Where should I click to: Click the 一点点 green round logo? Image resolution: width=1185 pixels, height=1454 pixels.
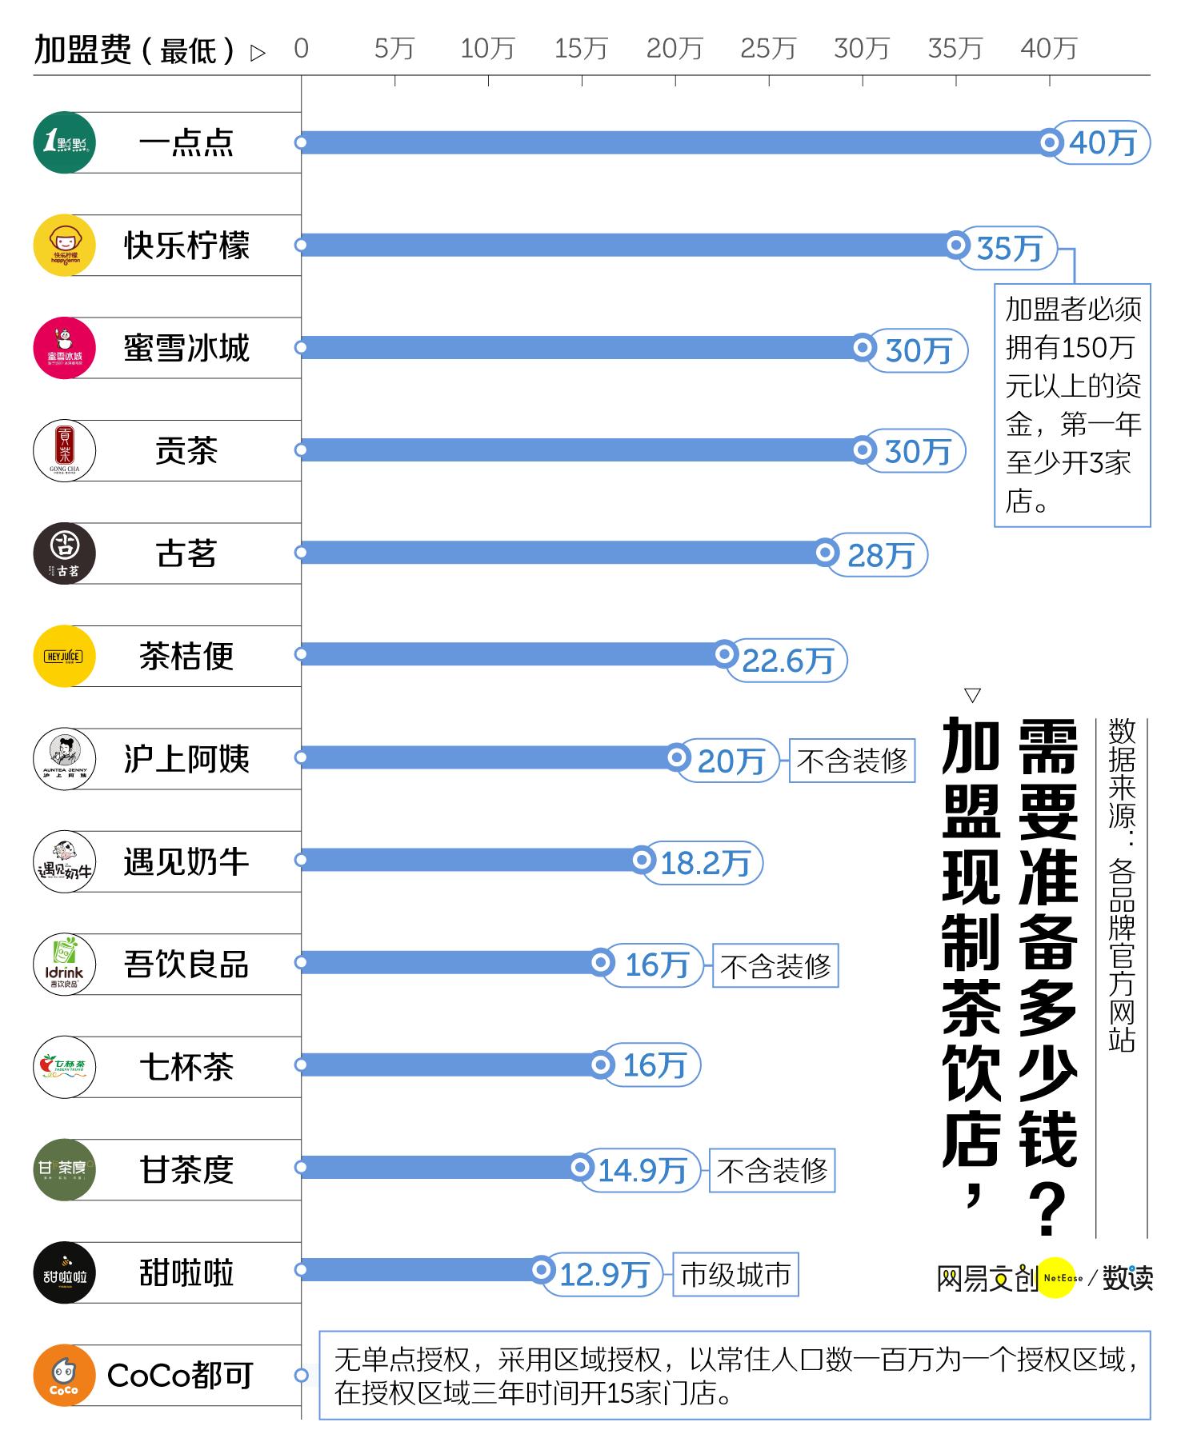pyautogui.click(x=65, y=143)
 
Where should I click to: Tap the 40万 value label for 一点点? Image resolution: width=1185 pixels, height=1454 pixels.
pyautogui.click(x=1103, y=143)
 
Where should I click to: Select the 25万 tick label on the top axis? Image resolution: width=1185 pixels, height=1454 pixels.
pyautogui.click(x=767, y=49)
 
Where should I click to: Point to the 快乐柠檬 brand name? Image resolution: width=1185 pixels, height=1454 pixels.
pyautogui.click(x=186, y=246)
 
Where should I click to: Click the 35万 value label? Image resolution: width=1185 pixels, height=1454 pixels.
pyautogui.click(x=1009, y=248)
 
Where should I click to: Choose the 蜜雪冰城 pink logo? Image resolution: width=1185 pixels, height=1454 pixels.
pyautogui.click(x=65, y=348)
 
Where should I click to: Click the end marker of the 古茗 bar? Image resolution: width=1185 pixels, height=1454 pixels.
pyautogui.click(x=826, y=553)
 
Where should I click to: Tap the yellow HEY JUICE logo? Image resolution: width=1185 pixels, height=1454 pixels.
pyautogui.click(x=65, y=657)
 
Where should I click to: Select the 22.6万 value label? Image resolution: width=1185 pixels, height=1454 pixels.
pyautogui.click(x=787, y=661)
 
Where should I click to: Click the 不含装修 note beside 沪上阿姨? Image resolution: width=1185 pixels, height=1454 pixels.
pyautogui.click(x=852, y=761)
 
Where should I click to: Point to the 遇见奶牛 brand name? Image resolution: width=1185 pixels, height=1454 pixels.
pyautogui.click(x=186, y=862)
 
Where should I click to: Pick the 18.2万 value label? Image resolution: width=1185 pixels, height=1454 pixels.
pyautogui.click(x=705, y=863)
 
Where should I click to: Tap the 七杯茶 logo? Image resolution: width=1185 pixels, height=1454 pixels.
pyautogui.click(x=65, y=1067)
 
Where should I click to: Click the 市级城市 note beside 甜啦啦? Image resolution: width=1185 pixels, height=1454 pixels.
pyautogui.click(x=735, y=1274)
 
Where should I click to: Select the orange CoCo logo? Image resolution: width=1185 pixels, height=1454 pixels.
pyautogui.click(x=65, y=1375)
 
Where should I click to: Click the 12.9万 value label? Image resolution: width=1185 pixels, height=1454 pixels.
pyautogui.click(x=603, y=1274)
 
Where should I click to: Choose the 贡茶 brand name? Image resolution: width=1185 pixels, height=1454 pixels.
pyautogui.click(x=186, y=451)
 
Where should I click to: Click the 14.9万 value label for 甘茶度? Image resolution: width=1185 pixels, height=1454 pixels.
pyautogui.click(x=642, y=1171)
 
